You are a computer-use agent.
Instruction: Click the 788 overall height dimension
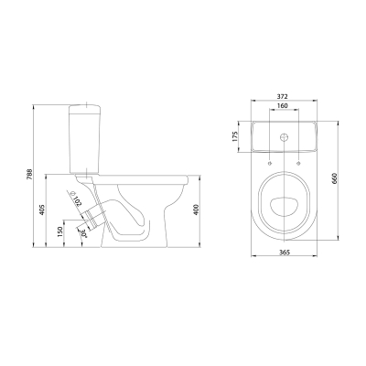pyautogui.click(x=29, y=175)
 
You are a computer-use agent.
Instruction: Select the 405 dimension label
pyautogui.click(x=42, y=210)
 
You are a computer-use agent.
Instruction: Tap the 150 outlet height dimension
pyautogui.click(x=60, y=231)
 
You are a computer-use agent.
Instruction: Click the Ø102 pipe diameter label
pyautogui.click(x=76, y=199)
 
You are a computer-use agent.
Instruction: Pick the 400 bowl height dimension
pyautogui.click(x=197, y=209)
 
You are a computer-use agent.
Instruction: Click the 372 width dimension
pyautogui.click(x=283, y=96)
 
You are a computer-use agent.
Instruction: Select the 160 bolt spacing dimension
pyautogui.click(x=283, y=106)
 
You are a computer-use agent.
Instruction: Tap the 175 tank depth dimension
pyautogui.click(x=234, y=136)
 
